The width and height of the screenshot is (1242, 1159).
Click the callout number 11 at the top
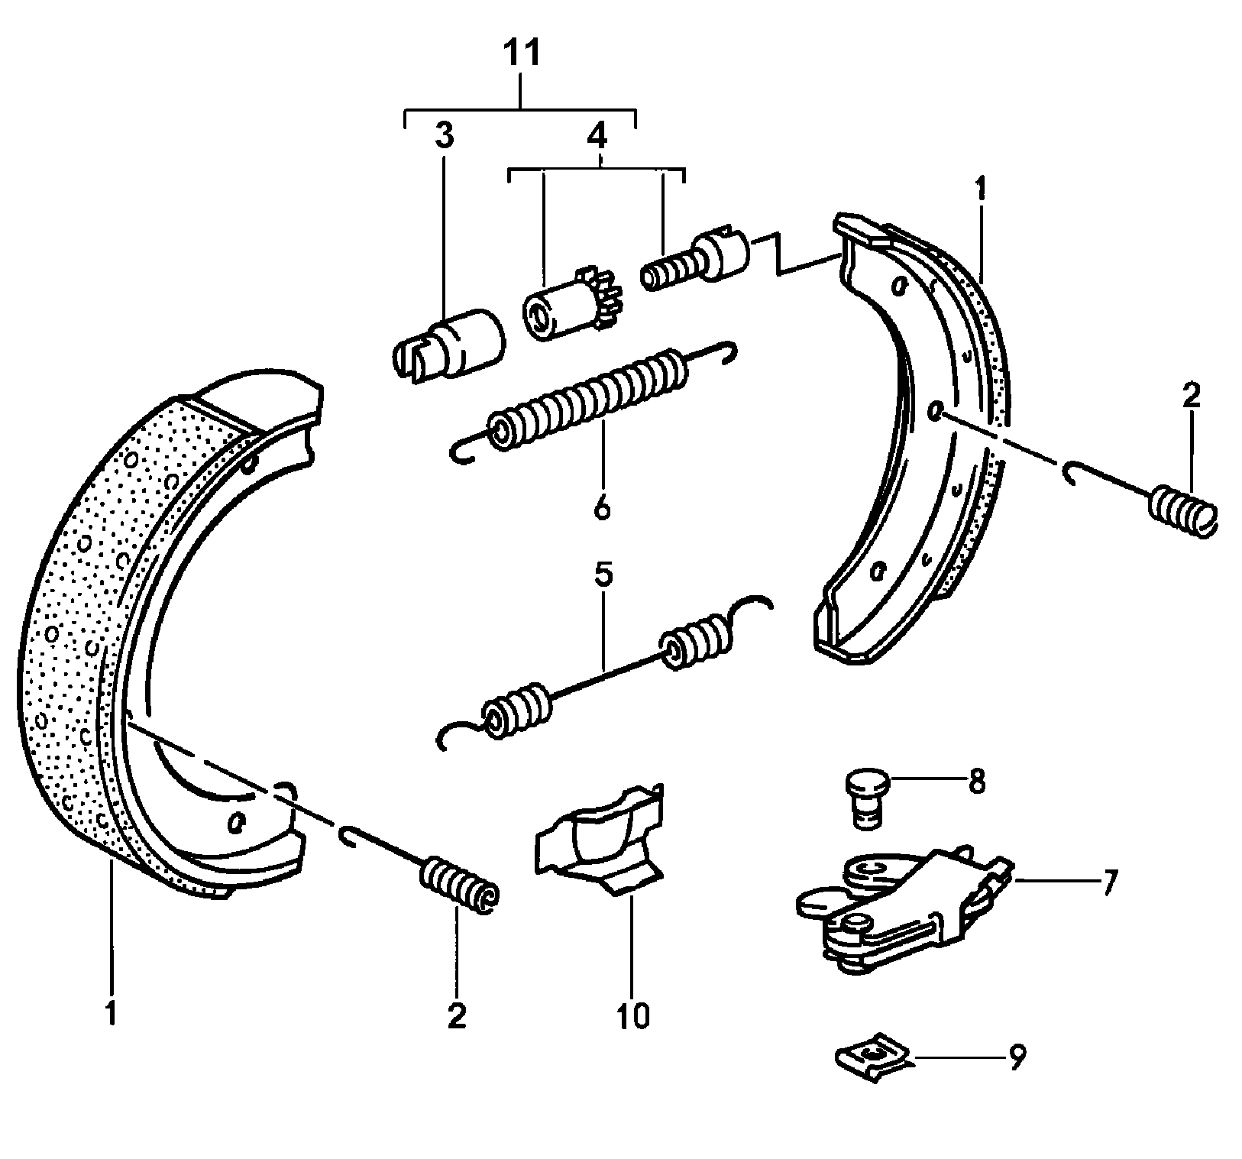[521, 55]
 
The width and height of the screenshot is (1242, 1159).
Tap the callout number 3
[444, 136]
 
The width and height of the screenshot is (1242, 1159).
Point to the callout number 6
[602, 508]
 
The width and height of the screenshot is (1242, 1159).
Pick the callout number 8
[976, 782]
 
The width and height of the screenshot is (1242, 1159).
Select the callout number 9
[1017, 1058]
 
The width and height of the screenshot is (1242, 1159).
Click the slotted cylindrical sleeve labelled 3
[451, 345]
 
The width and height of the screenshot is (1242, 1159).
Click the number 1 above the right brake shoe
[980, 189]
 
